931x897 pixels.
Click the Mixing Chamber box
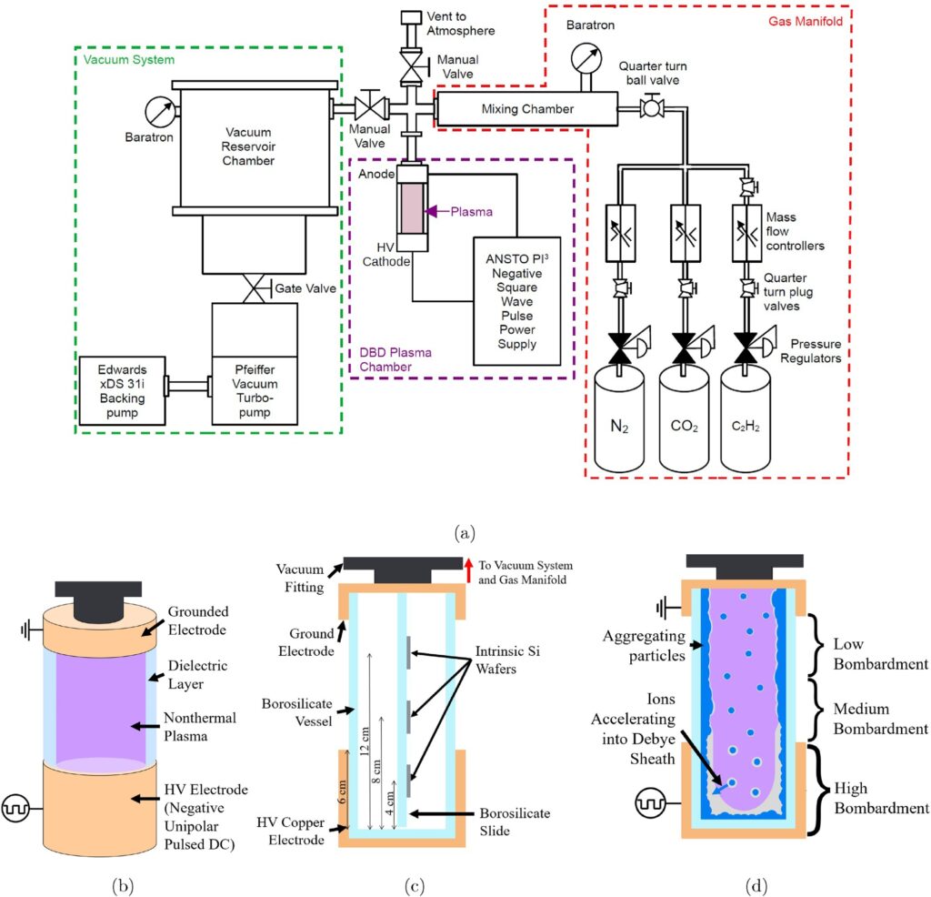[x=526, y=109]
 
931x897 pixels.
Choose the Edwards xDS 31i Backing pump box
[x=121, y=388]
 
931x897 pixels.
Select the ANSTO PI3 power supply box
[x=516, y=299]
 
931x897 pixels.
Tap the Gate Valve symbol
[x=254, y=287]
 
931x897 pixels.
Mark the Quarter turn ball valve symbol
[x=651, y=108]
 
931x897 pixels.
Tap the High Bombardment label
[x=883, y=798]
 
